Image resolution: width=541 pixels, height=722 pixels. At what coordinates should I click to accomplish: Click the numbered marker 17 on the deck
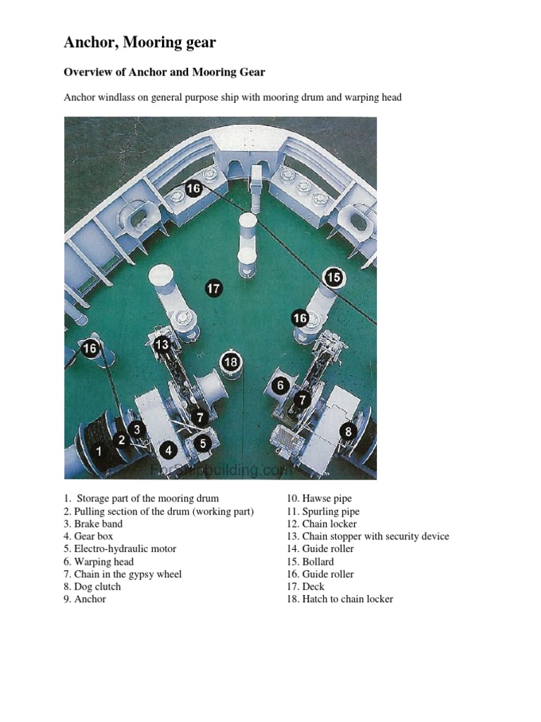[213, 288]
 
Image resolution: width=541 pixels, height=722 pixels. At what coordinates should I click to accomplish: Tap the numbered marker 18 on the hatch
[231, 362]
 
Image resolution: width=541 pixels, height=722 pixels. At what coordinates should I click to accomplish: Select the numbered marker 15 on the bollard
[334, 278]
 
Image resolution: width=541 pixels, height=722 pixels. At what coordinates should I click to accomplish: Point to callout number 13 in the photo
[162, 345]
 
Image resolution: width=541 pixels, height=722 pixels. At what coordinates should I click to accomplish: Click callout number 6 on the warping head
[281, 385]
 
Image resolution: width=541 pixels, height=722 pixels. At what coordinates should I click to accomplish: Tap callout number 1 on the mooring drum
[99, 451]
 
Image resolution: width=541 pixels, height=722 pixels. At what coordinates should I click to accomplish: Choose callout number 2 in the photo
[122, 440]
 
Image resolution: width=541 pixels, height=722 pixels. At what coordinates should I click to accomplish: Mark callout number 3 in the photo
[137, 429]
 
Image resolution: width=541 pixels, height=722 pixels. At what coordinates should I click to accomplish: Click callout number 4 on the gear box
[168, 450]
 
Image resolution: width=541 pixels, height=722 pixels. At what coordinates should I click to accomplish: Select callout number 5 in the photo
[203, 443]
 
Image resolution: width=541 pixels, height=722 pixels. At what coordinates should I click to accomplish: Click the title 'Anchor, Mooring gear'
[140, 42]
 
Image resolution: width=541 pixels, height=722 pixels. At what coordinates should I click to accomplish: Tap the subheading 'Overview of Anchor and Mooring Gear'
[164, 72]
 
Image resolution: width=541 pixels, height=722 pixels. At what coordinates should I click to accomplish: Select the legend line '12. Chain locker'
[321, 524]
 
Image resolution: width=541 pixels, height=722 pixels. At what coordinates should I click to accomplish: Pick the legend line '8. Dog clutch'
[92, 587]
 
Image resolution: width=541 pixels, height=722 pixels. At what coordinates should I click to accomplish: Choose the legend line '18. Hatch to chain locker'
[340, 599]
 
